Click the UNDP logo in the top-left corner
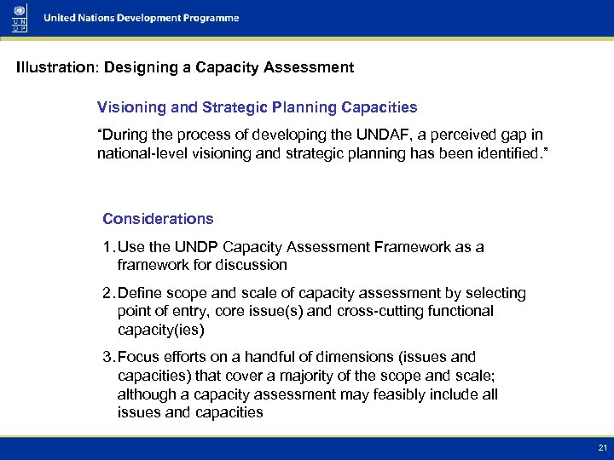pos(19,18)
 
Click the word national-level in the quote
pos(138,153)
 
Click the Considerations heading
pos(158,219)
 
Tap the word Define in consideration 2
pos(139,293)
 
